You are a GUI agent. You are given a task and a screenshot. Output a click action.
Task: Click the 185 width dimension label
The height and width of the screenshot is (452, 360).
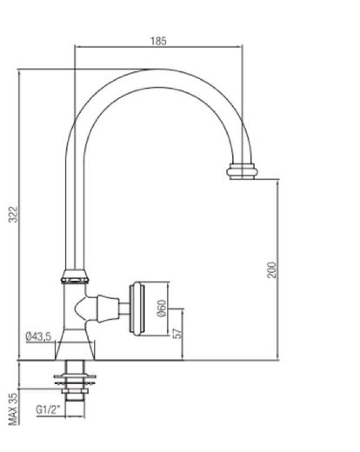click(158, 41)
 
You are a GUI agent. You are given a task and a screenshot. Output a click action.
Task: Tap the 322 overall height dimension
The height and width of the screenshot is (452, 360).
click(15, 214)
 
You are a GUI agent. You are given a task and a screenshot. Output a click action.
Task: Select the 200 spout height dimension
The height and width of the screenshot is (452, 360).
click(272, 269)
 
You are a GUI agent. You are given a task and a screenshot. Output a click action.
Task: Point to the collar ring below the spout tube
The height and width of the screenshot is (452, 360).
click(75, 276)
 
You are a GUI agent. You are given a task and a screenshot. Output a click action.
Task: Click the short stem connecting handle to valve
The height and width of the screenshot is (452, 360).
click(123, 307)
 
